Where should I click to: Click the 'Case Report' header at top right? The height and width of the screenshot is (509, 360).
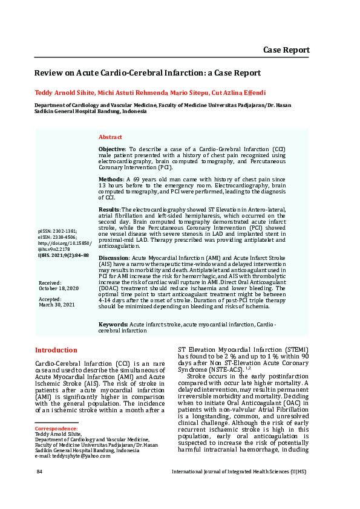286,50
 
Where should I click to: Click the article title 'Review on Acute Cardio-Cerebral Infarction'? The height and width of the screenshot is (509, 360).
147,73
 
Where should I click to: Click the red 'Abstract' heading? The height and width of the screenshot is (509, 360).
110,137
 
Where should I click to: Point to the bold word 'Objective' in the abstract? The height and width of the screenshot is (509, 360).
112,149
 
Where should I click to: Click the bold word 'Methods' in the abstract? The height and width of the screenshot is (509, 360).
111,180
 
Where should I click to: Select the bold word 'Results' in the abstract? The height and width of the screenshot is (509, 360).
110,209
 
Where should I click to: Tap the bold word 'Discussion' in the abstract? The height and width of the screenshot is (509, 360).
113,258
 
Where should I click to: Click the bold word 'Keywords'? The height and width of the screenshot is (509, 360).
113,325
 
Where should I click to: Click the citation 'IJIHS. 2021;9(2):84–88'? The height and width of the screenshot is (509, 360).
64,255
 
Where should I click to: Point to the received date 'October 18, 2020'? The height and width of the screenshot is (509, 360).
59,288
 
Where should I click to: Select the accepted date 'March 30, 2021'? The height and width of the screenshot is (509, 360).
57,305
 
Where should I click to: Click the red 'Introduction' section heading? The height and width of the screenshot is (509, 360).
56,350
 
